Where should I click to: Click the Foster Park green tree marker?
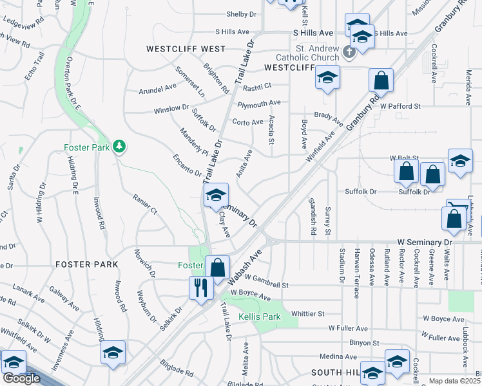119,147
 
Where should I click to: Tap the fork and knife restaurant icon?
201,287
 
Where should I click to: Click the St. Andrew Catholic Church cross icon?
349,51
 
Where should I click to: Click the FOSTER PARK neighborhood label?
86,264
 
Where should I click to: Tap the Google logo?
21,378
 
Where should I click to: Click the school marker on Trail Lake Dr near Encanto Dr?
215,196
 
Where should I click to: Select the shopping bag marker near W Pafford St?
381,81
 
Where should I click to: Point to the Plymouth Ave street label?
259,103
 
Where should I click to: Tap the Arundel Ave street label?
157,89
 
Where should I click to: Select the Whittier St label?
307,313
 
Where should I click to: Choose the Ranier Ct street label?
145,205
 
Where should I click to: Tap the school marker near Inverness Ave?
113,353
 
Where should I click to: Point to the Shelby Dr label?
242,14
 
